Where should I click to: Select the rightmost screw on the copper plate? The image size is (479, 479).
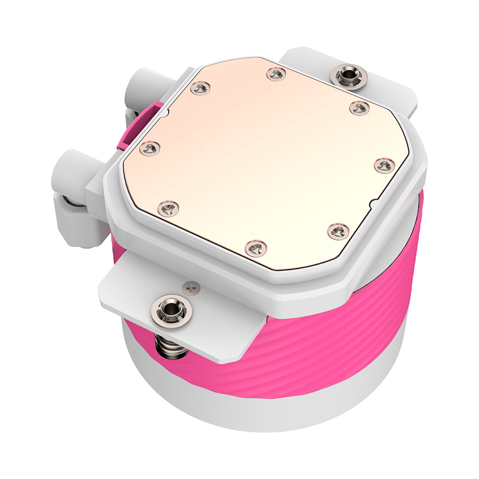point(384,165)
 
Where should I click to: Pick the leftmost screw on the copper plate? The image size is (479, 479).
point(150,148)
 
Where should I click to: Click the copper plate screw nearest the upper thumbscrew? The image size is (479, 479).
point(359,108)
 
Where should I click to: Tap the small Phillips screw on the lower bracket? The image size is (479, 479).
point(190,288)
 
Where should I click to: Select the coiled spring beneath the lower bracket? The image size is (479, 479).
point(168,347)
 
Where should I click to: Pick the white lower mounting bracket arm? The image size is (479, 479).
point(140,299)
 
